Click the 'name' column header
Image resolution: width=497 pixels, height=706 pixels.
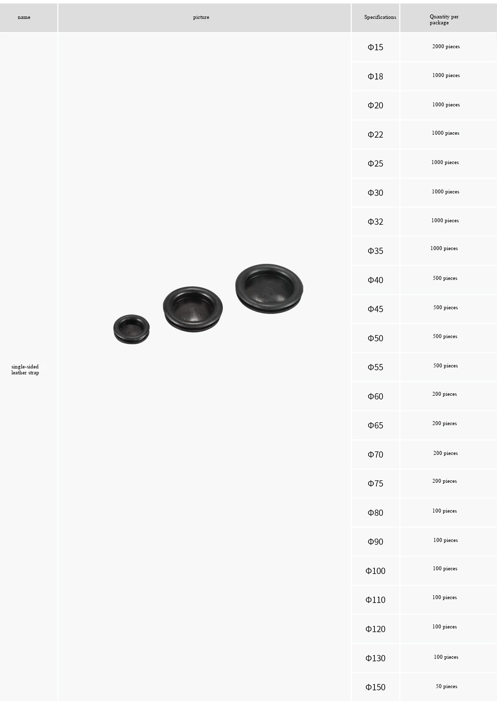pyautogui.click(x=24, y=17)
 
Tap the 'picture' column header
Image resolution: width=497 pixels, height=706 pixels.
pyautogui.click(x=201, y=17)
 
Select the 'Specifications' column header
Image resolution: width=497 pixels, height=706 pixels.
pyautogui.click(x=380, y=17)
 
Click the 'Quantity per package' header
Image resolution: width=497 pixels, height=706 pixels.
pyautogui.click(x=444, y=19)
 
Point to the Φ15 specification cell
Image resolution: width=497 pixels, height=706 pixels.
pyautogui.click(x=375, y=47)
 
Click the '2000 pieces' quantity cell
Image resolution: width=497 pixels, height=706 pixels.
pyautogui.click(x=446, y=47)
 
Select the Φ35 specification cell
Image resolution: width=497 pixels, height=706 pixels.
pyautogui.click(x=375, y=251)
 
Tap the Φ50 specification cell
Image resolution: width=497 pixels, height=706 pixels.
pyautogui.click(x=375, y=338)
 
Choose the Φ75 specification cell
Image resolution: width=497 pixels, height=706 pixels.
pyautogui.click(x=375, y=483)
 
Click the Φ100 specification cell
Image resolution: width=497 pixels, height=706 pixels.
pyautogui.click(x=375, y=571)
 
